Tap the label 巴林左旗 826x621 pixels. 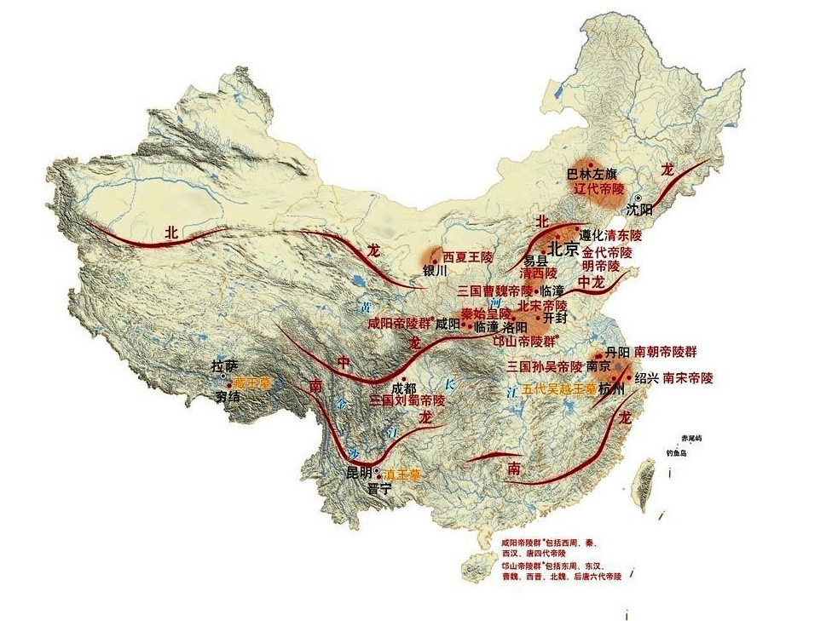click(591, 174)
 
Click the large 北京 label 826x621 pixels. click(563, 250)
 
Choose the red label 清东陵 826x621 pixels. click(629, 234)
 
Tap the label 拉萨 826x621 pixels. click(223, 366)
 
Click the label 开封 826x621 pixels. click(555, 319)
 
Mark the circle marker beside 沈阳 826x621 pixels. click(638, 198)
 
